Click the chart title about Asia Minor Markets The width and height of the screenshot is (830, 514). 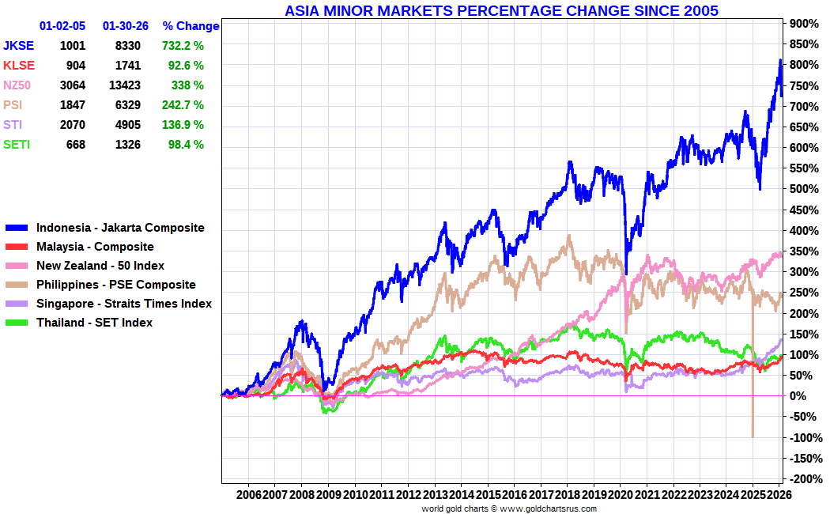coord(501,10)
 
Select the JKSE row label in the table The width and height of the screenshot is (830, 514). coord(18,46)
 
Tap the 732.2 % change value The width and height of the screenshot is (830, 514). coord(183,46)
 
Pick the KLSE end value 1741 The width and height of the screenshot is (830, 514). coord(128,66)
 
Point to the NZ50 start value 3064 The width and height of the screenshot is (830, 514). coord(73,85)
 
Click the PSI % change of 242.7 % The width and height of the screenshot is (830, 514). coord(183,105)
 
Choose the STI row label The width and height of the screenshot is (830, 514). coord(13,125)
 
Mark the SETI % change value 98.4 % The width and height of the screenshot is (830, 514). coord(186,145)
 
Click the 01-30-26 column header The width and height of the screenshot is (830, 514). coord(126,26)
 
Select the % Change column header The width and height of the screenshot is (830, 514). coord(191,26)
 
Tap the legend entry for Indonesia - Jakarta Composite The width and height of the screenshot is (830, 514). coord(105,228)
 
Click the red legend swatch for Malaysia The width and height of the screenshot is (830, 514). coord(17,247)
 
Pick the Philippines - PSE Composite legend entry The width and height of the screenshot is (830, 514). coord(100,285)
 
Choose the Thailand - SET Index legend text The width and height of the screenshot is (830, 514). coord(94,323)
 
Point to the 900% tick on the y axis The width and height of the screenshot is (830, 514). coord(804,23)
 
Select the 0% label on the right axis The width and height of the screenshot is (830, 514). coord(798,396)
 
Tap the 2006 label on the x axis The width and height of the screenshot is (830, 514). coord(249,495)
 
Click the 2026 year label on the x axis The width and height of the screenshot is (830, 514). coord(779,495)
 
